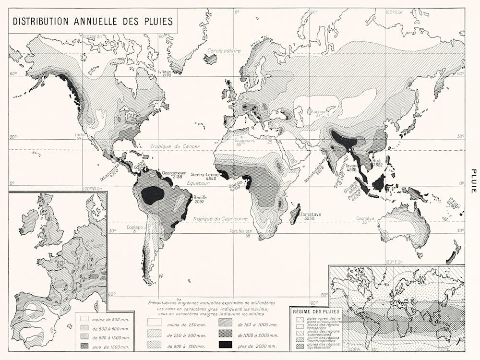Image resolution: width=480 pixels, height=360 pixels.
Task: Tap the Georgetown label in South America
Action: tap(173, 173)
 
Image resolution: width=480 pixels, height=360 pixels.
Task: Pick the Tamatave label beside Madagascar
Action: tap(310, 215)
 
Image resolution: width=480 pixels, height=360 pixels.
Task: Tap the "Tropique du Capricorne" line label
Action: tap(220, 218)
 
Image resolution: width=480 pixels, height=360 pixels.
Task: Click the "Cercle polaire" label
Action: tap(220, 50)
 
